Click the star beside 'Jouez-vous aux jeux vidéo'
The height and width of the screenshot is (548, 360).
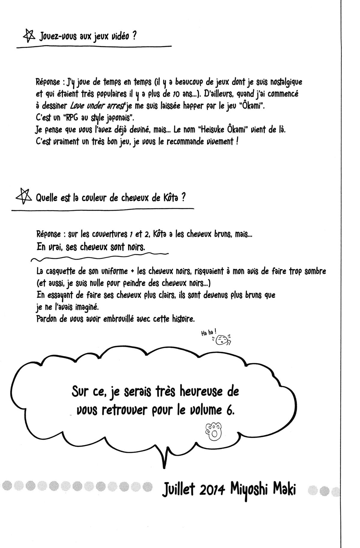(29, 36)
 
